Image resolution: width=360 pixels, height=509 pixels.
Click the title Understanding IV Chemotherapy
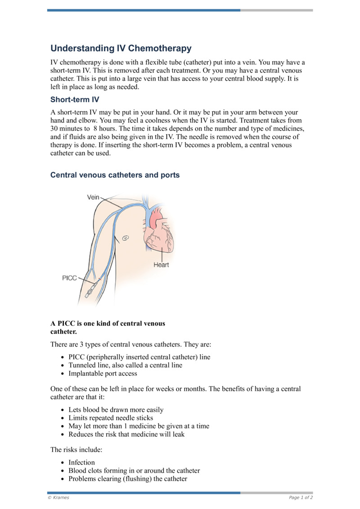click(121, 48)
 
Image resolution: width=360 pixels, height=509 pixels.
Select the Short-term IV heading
click(75, 99)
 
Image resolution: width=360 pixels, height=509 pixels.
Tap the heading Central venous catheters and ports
click(115, 175)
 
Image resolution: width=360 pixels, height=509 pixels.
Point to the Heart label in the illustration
click(161, 265)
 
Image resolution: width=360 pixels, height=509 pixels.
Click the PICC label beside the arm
click(69, 278)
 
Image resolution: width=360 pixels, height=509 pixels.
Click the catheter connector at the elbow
click(93, 286)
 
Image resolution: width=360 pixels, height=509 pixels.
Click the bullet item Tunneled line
click(125, 365)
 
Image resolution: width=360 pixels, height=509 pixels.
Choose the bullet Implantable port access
click(103, 373)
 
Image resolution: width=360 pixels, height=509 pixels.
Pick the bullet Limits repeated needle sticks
click(111, 418)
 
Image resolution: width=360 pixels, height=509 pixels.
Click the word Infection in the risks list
click(81, 462)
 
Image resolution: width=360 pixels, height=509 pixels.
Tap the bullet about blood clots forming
click(134, 470)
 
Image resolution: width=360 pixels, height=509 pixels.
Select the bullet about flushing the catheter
click(127, 478)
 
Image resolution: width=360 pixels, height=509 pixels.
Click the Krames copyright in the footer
click(58, 497)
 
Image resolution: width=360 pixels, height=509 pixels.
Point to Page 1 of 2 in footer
click(301, 497)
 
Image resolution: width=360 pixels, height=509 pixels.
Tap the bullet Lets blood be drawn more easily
click(116, 410)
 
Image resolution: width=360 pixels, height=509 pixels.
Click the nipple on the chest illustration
click(126, 238)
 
